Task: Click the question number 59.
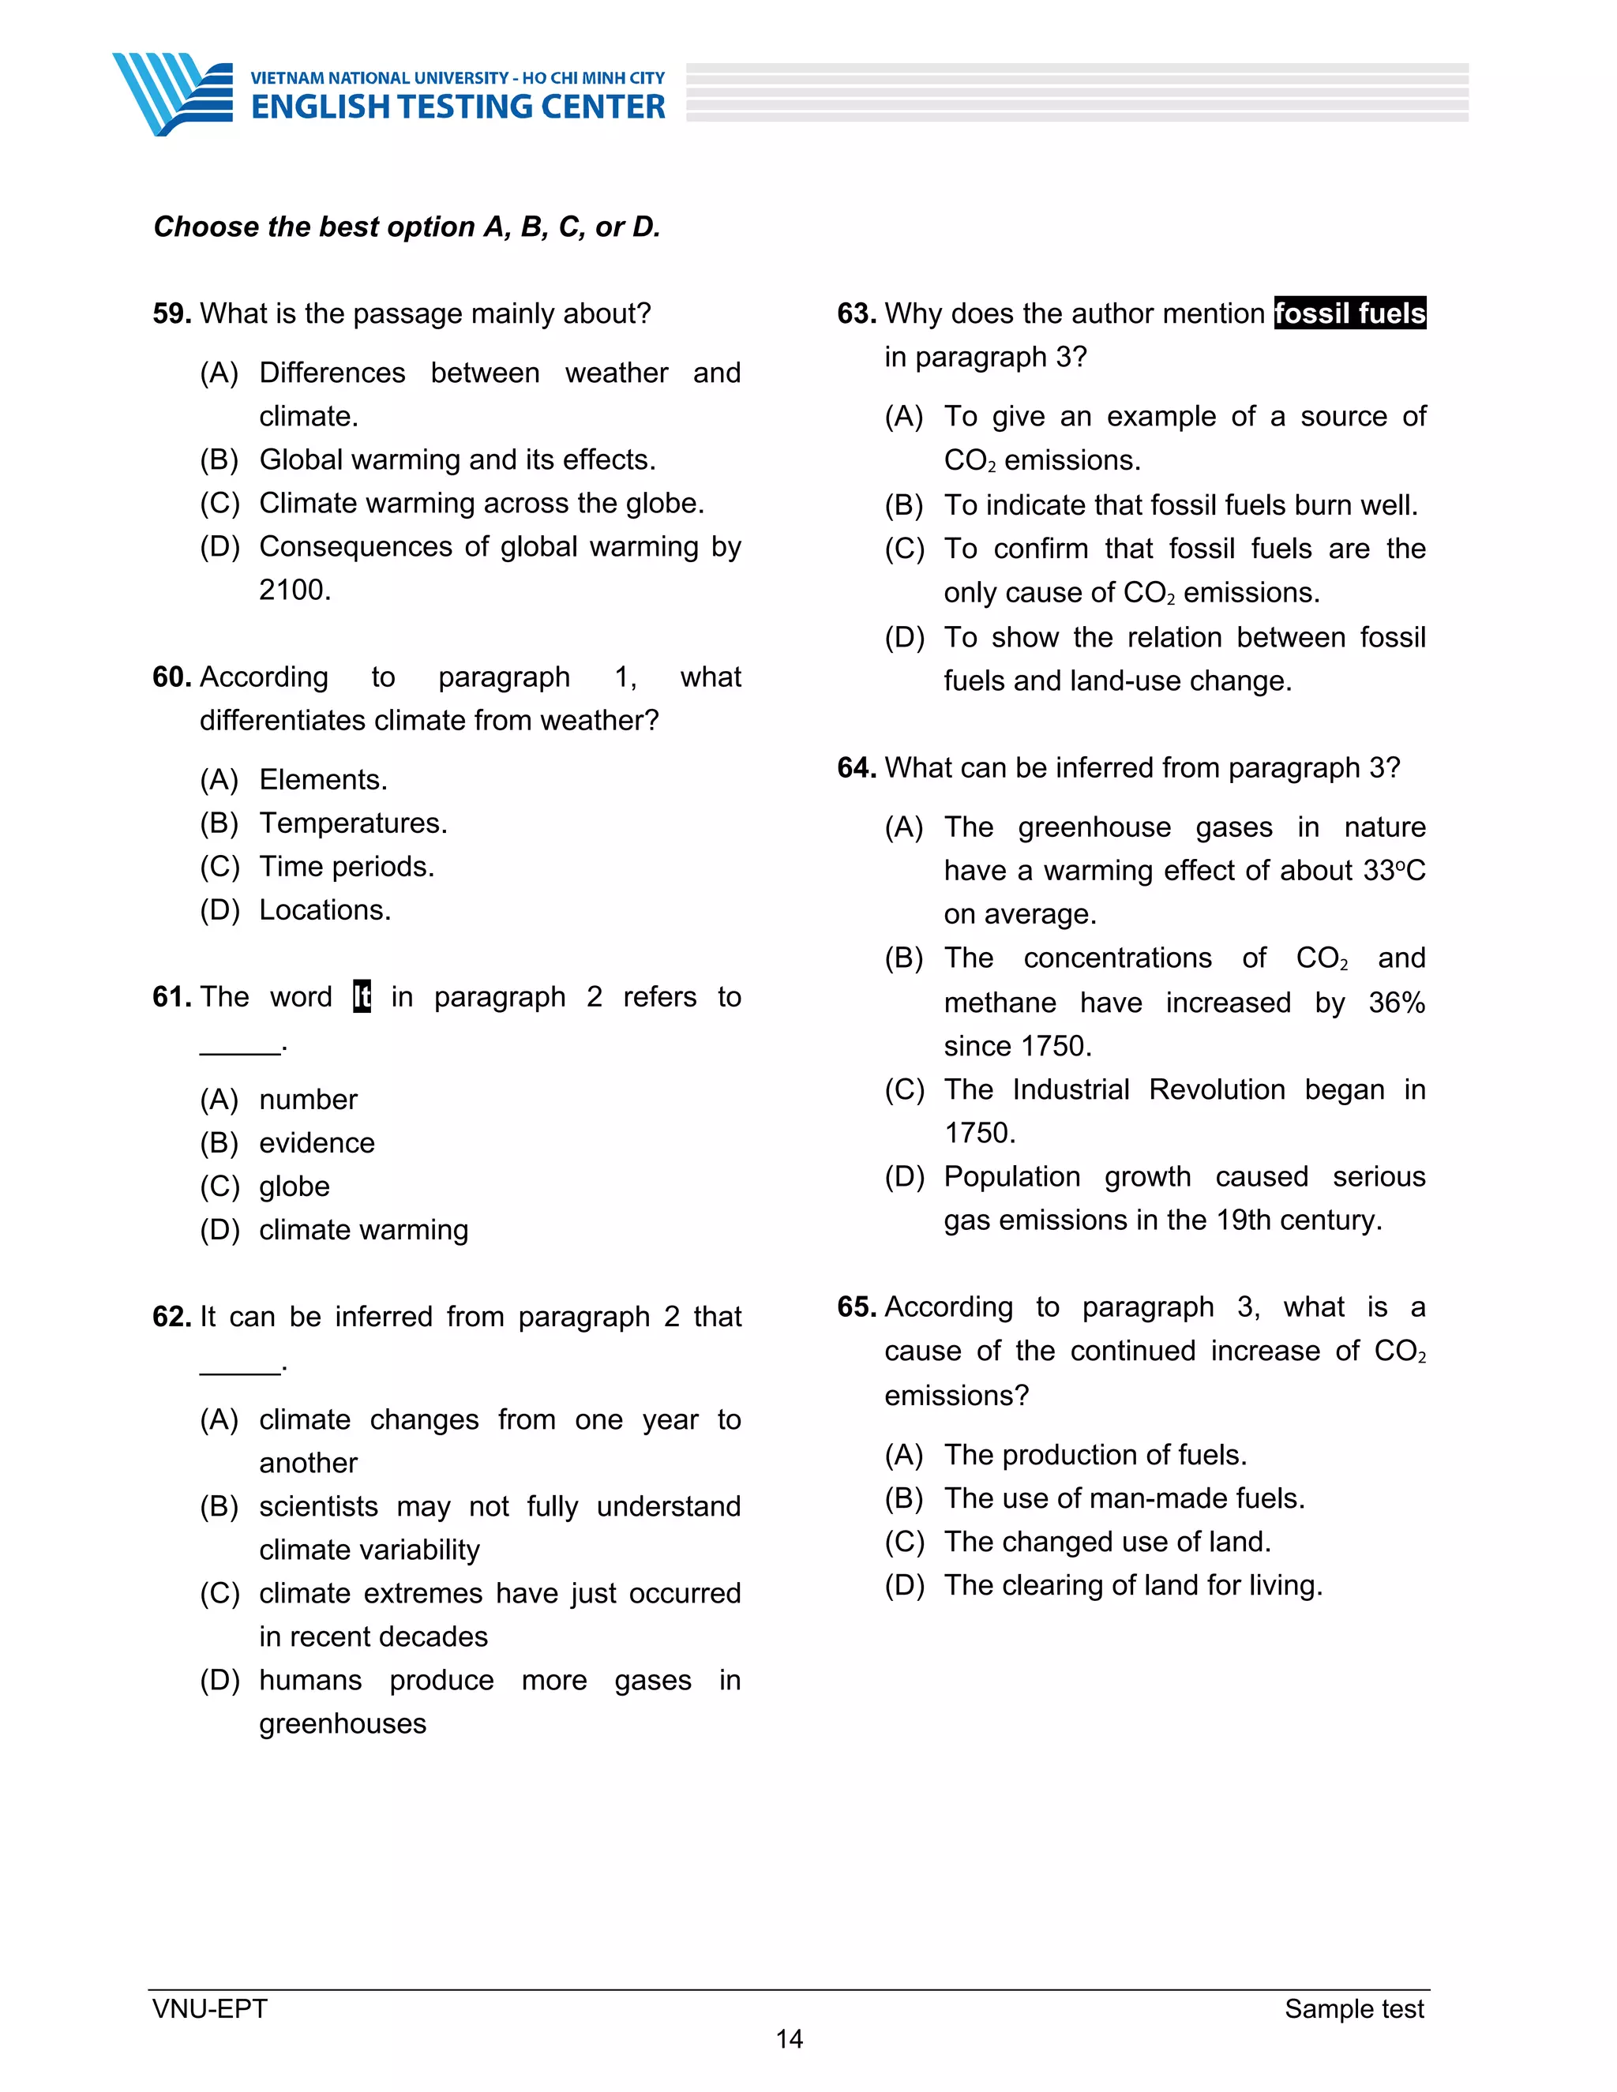coord(171,313)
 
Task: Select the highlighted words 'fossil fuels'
coord(1349,313)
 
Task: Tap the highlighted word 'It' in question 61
coord(361,996)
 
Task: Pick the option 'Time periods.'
coord(346,866)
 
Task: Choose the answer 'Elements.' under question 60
coord(323,780)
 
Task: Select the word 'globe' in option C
coord(294,1186)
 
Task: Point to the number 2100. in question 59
coord(295,589)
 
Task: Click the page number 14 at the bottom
coord(789,2038)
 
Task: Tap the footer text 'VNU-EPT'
coord(210,2008)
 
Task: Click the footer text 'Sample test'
coord(1353,2008)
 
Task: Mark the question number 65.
coord(857,1307)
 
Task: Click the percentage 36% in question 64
coord(1396,1002)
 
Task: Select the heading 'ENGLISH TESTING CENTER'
coord(458,107)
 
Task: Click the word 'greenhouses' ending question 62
coord(342,1723)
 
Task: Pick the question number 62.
coord(171,1316)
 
